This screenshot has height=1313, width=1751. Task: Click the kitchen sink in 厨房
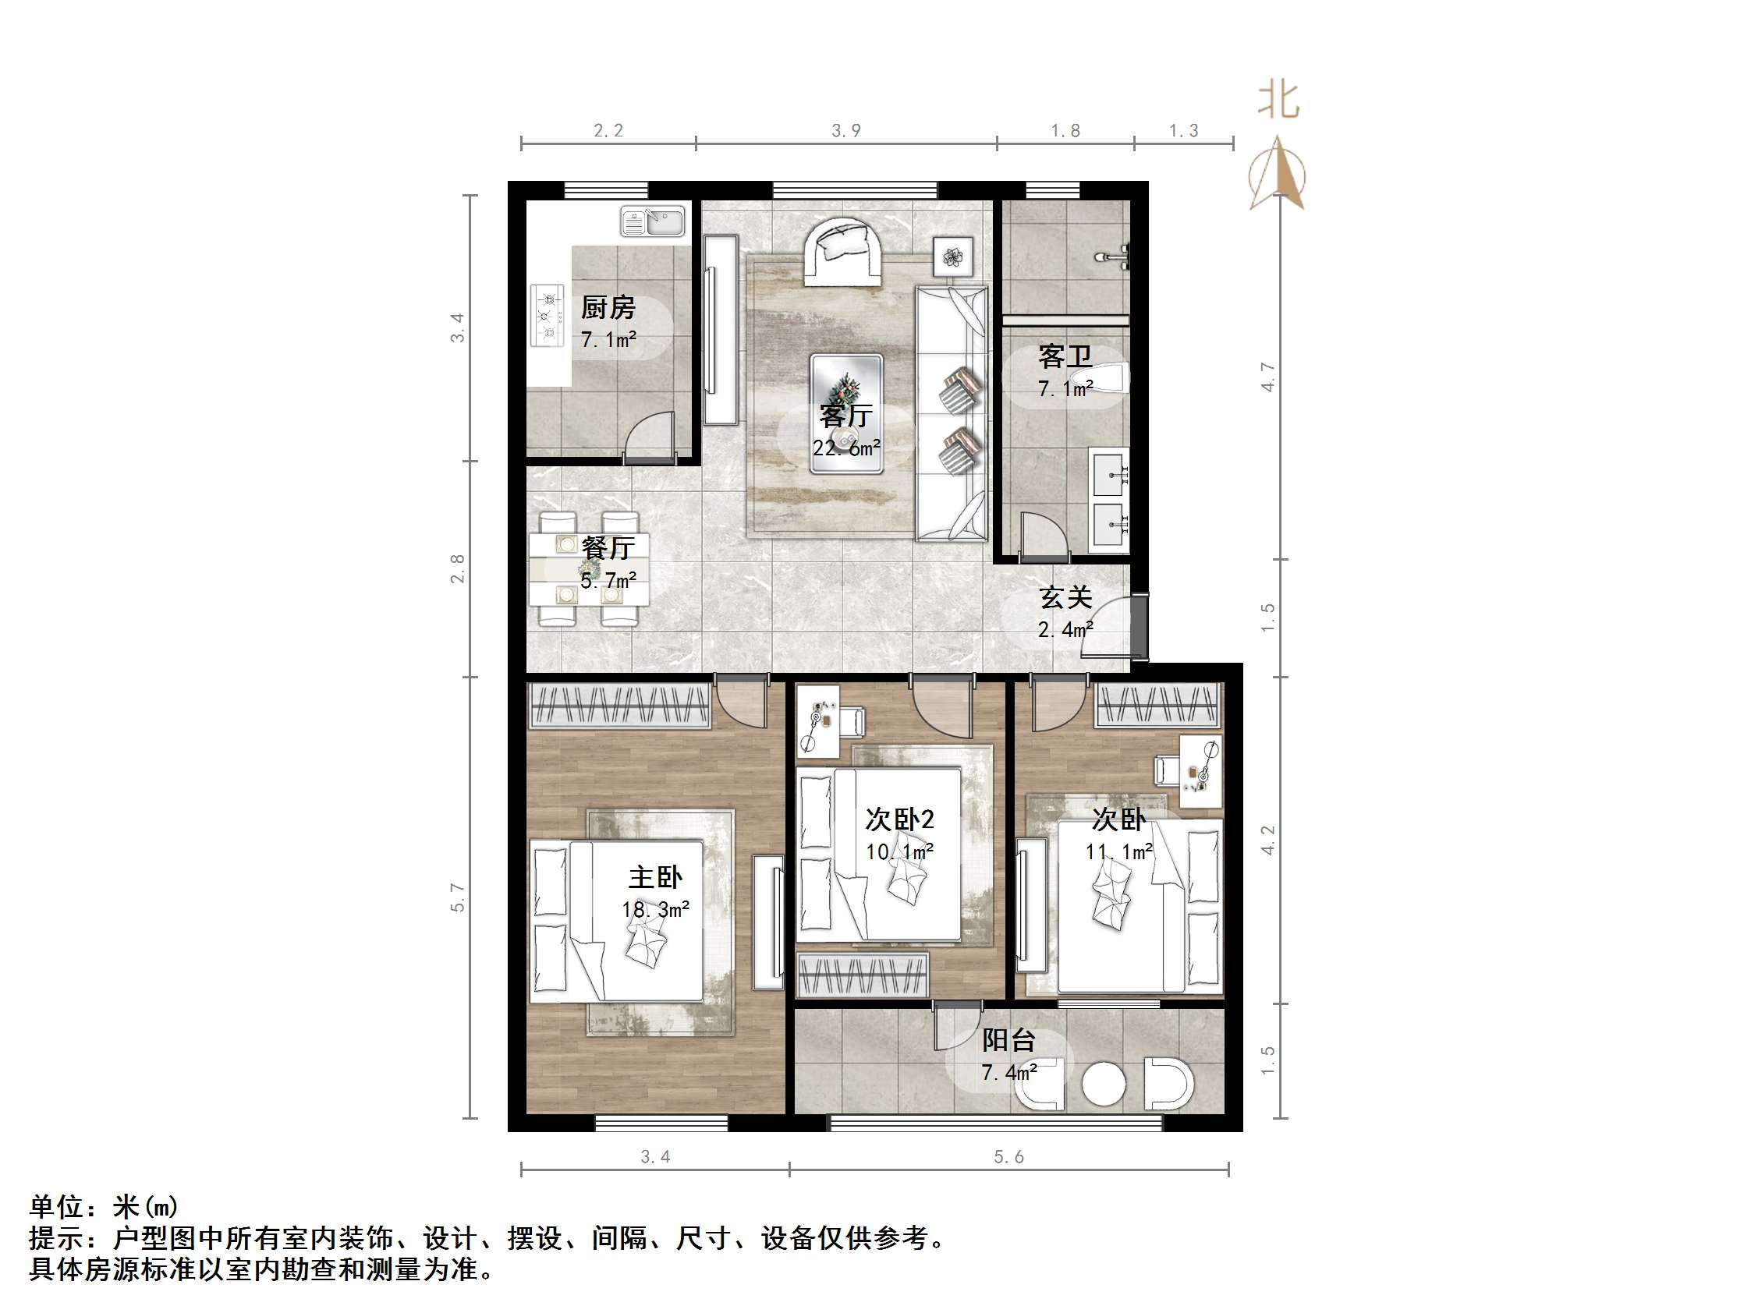652,221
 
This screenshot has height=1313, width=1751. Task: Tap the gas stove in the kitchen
547,316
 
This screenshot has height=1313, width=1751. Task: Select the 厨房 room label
608,308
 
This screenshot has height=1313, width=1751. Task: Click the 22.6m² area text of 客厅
846,449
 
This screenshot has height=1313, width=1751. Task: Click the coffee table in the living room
846,414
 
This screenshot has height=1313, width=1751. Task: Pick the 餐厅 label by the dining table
608,547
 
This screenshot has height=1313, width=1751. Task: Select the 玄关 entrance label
1065,597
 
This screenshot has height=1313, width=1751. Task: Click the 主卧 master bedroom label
655,877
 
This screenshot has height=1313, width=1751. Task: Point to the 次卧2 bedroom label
899,819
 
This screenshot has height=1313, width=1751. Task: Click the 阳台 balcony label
1008,1040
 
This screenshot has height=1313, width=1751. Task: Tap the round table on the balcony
1104,1084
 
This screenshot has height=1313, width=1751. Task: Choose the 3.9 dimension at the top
846,130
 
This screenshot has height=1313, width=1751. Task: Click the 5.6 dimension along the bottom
1008,1157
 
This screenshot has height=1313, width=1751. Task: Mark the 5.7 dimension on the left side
458,897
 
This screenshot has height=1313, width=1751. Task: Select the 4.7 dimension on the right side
1268,377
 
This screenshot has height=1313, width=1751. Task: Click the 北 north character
1278,101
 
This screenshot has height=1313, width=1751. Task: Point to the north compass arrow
1277,174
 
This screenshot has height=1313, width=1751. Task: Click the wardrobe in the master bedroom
619,704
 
